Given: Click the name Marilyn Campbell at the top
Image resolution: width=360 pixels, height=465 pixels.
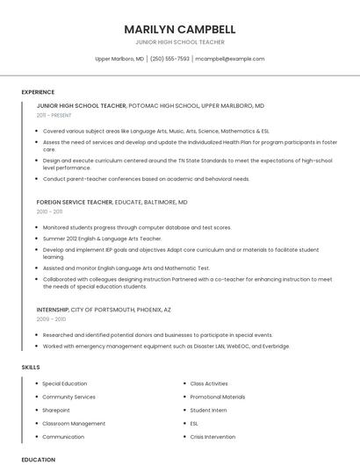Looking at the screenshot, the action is pos(180,29).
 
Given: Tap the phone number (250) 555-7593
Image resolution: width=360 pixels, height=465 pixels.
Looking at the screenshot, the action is pos(169,59).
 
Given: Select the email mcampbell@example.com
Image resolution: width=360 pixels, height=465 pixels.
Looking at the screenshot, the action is pos(229,59).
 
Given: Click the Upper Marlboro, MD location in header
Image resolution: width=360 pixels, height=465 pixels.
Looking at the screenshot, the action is pos(119,59).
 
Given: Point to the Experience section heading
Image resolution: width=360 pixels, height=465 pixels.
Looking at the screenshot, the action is pos(38,92).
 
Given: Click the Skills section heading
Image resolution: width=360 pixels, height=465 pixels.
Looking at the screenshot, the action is pos(31,367).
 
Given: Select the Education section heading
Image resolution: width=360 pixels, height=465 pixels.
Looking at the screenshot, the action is pos(39,459).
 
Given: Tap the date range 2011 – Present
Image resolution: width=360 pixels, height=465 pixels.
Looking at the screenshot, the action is pos(54,115).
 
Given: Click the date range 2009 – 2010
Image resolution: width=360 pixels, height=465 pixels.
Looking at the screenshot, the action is pos(51,319).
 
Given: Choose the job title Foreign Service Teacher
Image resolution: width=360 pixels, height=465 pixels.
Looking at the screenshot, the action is pos(75,202).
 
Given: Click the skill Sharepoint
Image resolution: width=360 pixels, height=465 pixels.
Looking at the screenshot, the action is pos(56,410).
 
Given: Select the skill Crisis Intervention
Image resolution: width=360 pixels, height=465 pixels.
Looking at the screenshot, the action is pos(212,436).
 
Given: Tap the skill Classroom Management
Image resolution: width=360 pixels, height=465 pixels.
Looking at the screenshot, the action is pos(74,423).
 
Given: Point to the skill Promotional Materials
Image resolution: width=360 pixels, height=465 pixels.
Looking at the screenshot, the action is pos(218,397).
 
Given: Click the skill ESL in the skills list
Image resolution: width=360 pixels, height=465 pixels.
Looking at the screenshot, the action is pos(195,423).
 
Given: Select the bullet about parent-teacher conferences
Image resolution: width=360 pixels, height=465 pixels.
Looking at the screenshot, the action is pos(146,179).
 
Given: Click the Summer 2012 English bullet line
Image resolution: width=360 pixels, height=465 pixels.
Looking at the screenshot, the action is pos(102,238).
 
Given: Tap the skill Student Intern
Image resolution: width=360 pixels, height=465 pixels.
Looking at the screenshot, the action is pos(208,410).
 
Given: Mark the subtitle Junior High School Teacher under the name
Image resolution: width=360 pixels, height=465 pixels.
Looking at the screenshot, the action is pos(180,42).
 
